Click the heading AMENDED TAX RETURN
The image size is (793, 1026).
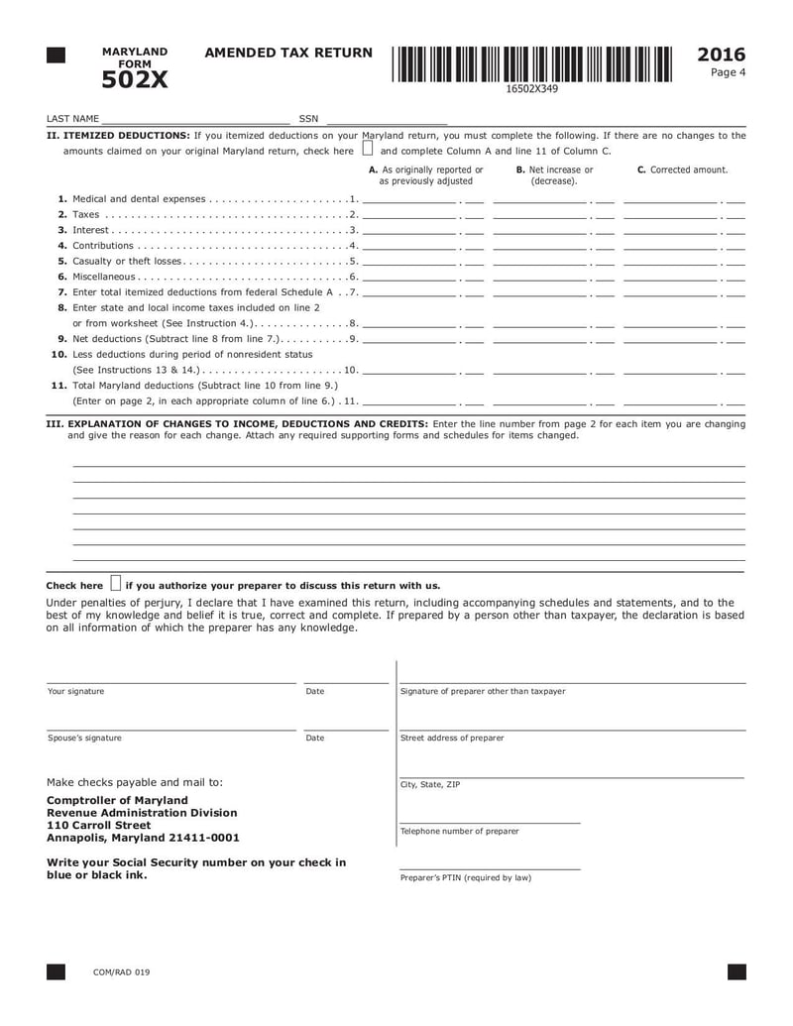tap(288, 54)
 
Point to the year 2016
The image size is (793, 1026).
tap(721, 55)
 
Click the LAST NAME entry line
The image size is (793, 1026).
tap(195, 119)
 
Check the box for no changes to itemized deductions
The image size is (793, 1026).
tap(368, 151)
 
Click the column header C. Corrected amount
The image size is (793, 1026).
tap(682, 171)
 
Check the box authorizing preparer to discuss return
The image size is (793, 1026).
tap(116, 583)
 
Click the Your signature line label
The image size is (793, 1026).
tap(76, 691)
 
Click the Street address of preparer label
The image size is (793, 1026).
tap(452, 738)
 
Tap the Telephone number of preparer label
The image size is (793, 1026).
tap(459, 831)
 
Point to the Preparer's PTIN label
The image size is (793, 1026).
tap(465, 877)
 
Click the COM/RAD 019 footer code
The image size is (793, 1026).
tap(122, 972)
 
